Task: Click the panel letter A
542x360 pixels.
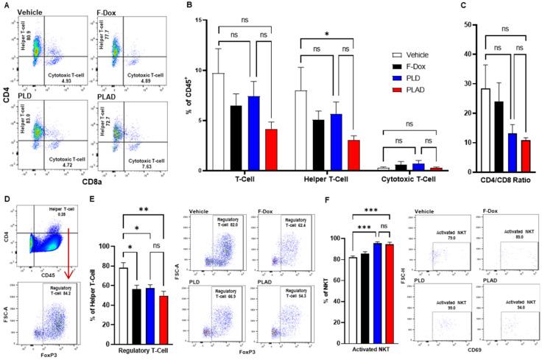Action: point(9,7)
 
